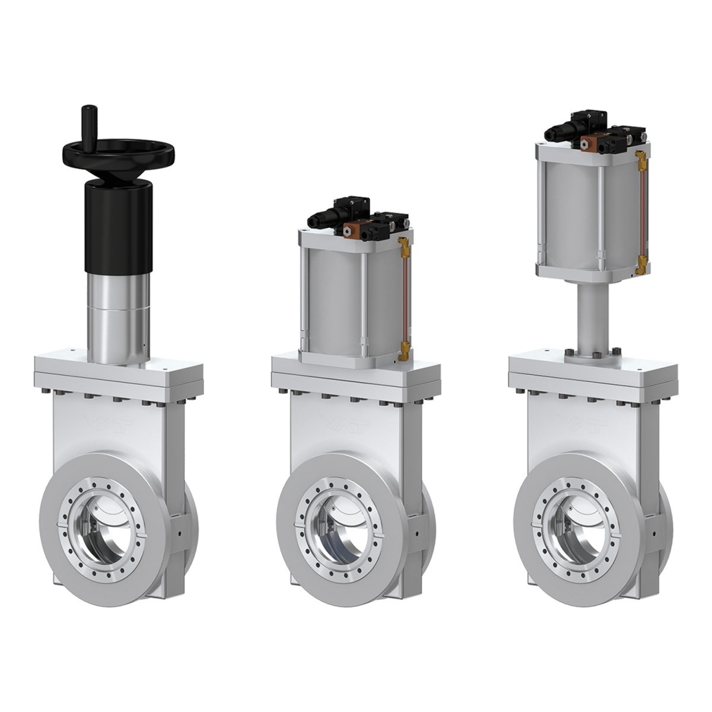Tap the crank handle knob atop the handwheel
[87, 122]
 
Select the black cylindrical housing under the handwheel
[118, 225]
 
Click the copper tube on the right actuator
[641, 211]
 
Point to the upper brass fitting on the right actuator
[640, 158]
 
